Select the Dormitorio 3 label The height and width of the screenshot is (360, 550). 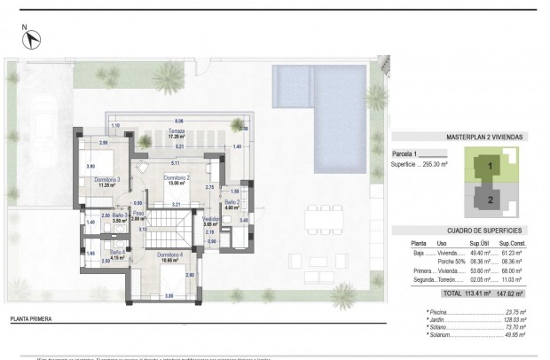(x=106, y=183)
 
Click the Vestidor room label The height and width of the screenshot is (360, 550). (x=211, y=221)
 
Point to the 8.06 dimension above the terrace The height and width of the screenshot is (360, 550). (x=178, y=120)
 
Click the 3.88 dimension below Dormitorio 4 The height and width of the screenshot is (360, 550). (x=169, y=293)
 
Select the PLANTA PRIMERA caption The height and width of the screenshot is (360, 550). (x=30, y=317)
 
